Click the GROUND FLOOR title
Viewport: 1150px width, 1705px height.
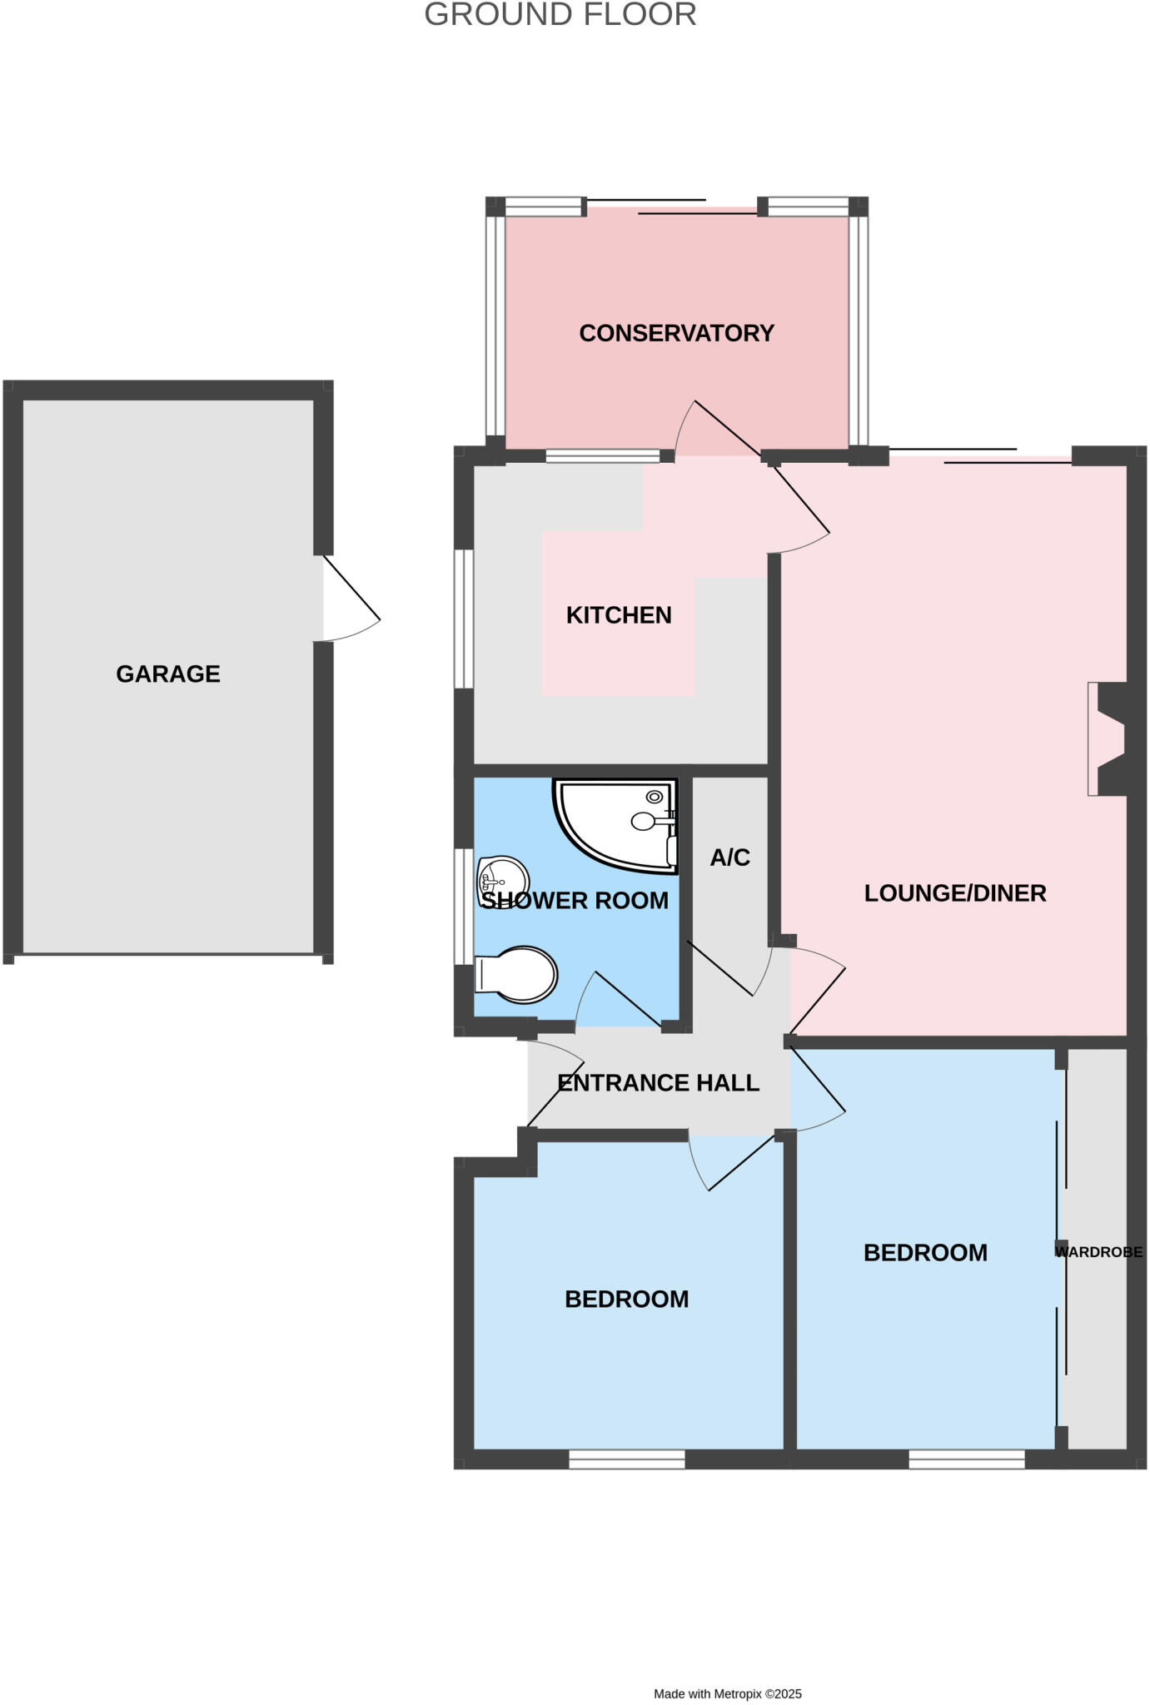(x=560, y=15)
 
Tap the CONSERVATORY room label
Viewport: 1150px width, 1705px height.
(x=676, y=333)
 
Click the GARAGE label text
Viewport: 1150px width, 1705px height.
(x=167, y=674)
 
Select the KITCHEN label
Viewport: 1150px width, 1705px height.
(x=618, y=615)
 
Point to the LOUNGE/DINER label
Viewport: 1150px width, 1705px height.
(x=954, y=893)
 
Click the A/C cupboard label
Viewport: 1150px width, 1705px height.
(x=729, y=857)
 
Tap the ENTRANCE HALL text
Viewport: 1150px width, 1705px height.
(x=658, y=1083)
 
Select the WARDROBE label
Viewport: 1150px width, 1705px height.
(x=1098, y=1251)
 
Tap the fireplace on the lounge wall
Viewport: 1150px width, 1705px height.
(x=1108, y=738)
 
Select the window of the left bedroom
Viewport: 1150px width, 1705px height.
(x=626, y=1459)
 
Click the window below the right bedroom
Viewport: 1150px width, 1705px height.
(x=966, y=1459)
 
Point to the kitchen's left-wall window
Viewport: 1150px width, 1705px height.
(x=463, y=619)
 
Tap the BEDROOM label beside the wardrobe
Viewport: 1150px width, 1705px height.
(x=924, y=1253)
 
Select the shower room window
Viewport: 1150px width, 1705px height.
(x=463, y=907)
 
